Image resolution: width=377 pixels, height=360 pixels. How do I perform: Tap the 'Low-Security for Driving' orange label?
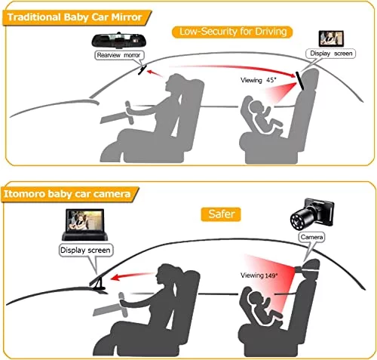click(x=232, y=32)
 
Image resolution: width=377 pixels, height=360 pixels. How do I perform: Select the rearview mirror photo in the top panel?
click(x=119, y=40)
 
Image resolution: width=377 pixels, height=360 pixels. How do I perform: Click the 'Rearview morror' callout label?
click(x=119, y=55)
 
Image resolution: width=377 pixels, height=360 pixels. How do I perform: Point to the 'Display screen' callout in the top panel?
click(x=331, y=54)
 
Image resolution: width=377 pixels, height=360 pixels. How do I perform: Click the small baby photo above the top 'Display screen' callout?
click(x=331, y=38)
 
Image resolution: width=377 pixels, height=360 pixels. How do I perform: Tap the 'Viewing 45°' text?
click(x=259, y=80)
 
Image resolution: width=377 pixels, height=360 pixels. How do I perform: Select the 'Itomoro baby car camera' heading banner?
click(x=70, y=194)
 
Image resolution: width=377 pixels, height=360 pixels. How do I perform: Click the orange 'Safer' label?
click(x=221, y=214)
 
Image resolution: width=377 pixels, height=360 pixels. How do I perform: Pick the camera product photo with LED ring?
click(x=312, y=213)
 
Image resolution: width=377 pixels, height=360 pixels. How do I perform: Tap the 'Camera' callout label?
click(x=311, y=237)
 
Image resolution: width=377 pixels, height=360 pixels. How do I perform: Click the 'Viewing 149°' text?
click(x=259, y=275)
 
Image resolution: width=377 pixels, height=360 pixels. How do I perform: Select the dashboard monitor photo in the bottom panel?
click(x=85, y=224)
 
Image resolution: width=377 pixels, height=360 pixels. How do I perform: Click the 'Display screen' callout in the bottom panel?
click(x=85, y=251)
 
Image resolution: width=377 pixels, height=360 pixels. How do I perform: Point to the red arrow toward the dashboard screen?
click(x=132, y=276)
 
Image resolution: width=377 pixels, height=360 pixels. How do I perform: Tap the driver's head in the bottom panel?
click(x=167, y=275)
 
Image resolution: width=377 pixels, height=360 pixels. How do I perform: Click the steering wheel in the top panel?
click(x=129, y=112)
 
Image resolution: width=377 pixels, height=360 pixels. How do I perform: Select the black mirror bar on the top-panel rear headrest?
click(x=300, y=81)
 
